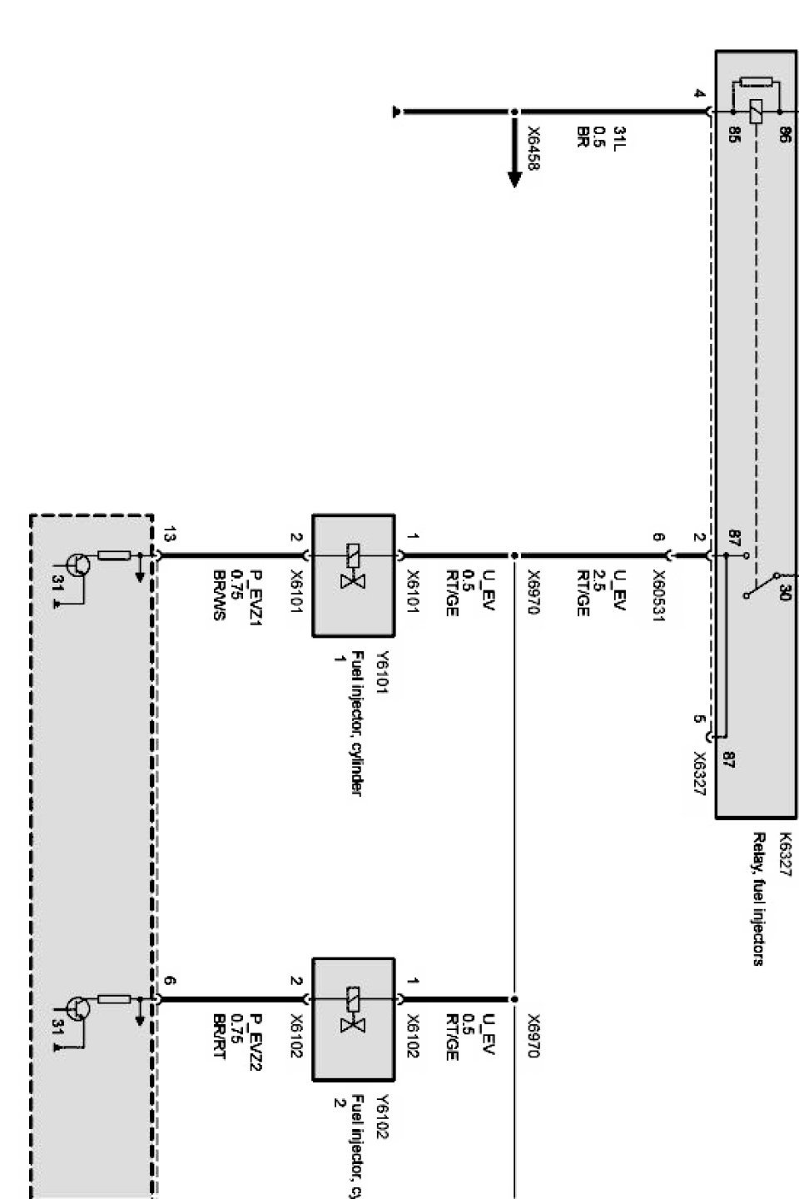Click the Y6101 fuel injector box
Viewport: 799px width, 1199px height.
point(353,575)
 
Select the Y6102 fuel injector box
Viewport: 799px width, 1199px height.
point(353,1019)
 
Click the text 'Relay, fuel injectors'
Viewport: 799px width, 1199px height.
point(758,898)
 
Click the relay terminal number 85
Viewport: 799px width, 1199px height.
point(734,136)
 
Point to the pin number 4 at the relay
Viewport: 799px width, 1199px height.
point(700,94)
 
